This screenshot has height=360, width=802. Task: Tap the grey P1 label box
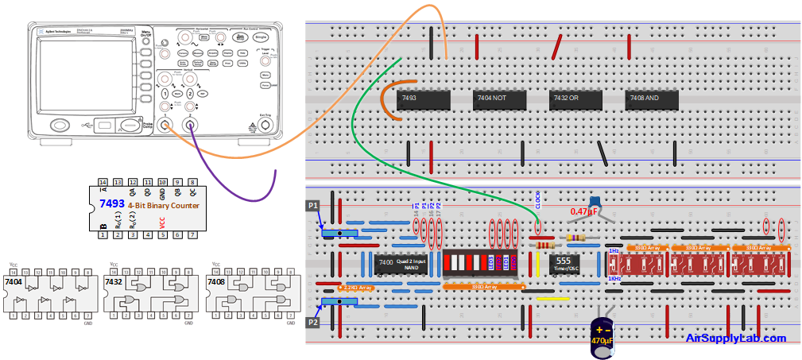[313, 205]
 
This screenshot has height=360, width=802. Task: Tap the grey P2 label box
[313, 324]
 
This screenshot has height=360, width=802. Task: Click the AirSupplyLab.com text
[735, 339]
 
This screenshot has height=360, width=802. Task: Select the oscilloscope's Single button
[261, 37]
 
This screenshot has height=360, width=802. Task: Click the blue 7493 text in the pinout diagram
[111, 204]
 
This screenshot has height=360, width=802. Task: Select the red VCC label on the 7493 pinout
[161, 223]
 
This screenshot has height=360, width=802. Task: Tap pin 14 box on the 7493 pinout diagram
[103, 182]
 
